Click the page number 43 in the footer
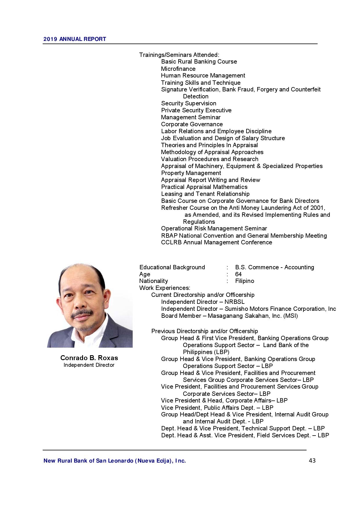coord(312,461)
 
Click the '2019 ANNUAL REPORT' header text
coord(75,39)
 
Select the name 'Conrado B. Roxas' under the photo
coord(89,358)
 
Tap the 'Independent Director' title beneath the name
coord(89,365)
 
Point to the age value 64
coord(238,274)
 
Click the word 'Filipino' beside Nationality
coord(244,281)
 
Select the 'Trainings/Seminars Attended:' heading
coord(179,55)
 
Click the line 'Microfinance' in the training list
coord(178,69)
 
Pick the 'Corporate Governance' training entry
coord(192,124)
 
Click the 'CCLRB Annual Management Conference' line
coord(217,242)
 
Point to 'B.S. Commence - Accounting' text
coord(274,267)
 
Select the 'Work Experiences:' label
coord(165,288)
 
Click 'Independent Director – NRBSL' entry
coord(203,302)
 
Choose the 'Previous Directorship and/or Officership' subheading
coord(204,331)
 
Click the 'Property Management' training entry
coord(191,173)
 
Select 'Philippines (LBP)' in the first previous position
coord(206,352)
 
